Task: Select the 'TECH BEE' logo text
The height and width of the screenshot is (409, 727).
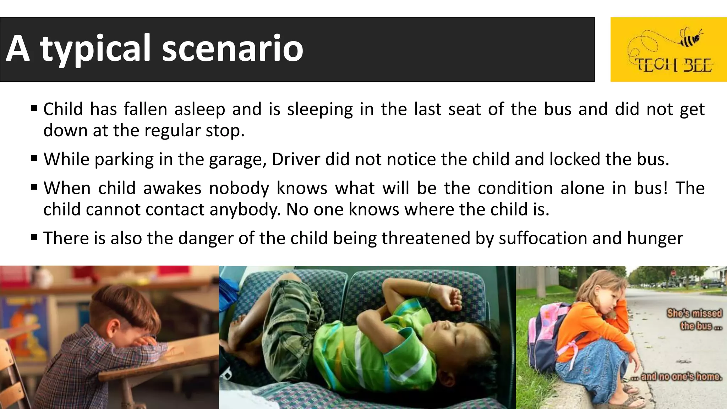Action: point(673,66)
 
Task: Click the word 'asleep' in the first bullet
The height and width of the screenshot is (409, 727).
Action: point(199,109)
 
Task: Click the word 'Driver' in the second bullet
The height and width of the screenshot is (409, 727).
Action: point(296,159)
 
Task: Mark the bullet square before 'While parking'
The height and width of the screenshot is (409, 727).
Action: point(34,158)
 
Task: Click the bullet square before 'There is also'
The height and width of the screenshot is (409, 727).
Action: point(34,237)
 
